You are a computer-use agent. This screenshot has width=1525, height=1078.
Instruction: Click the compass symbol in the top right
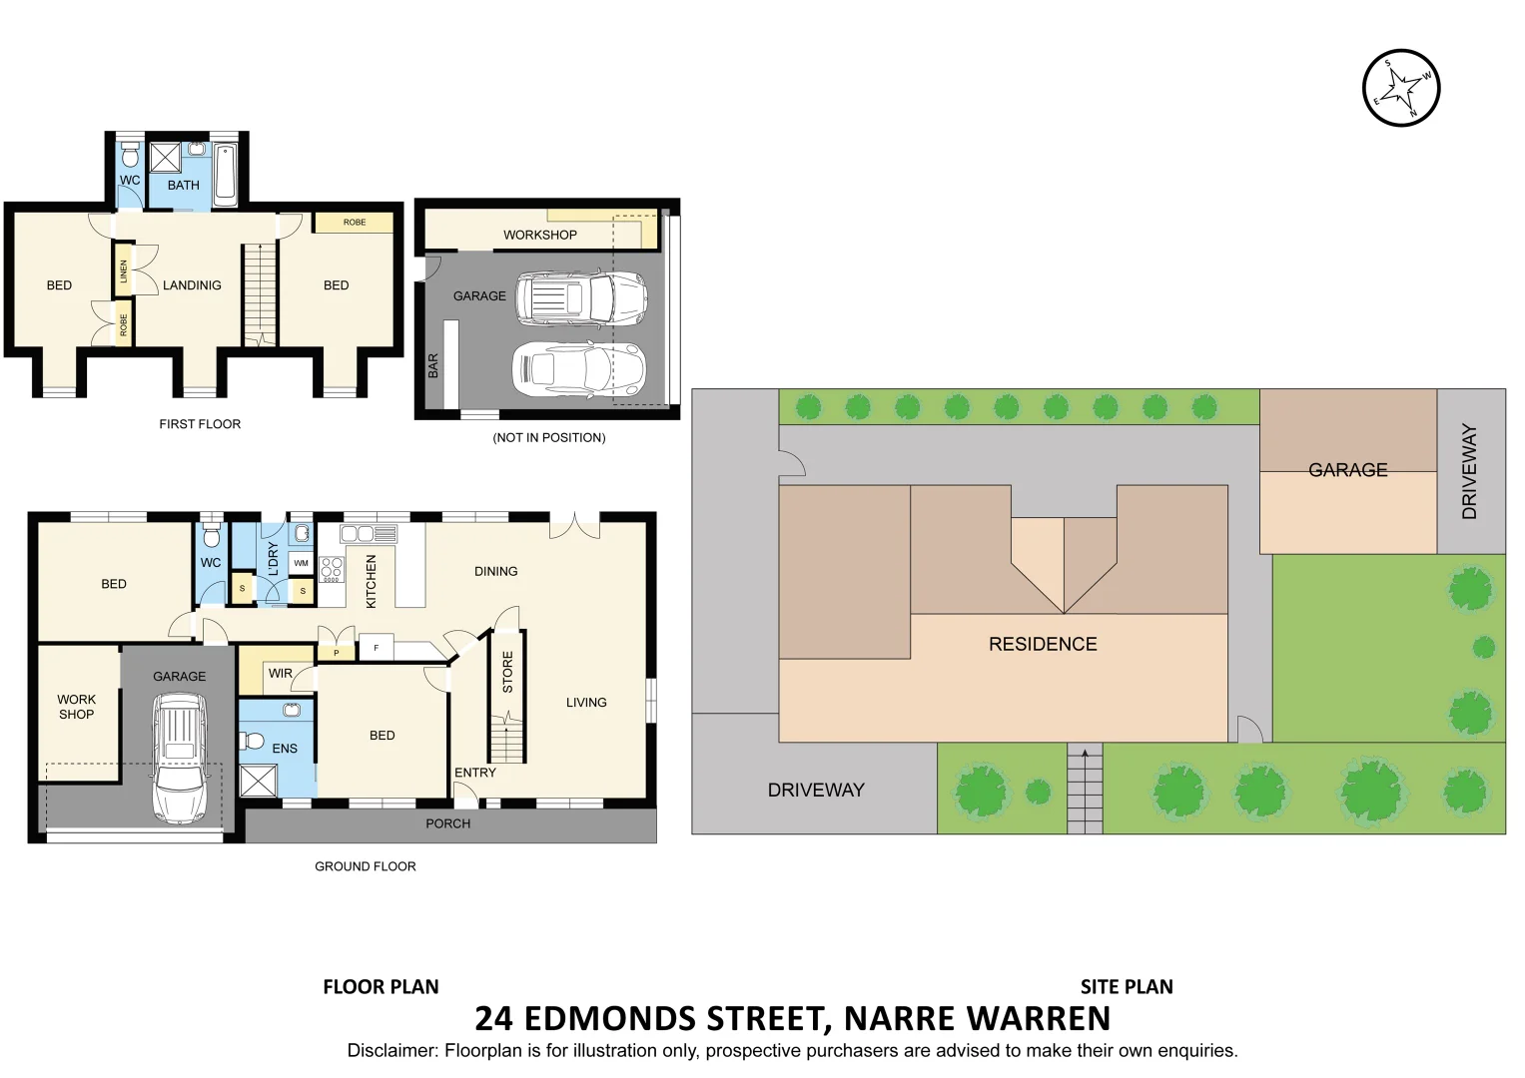1401,88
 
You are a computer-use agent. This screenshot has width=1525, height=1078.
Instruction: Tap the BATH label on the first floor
183,185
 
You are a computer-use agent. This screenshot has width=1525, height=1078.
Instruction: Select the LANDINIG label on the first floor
192,285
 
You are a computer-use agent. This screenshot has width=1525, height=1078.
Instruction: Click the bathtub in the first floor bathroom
225,176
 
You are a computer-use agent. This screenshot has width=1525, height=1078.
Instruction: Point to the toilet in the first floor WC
130,156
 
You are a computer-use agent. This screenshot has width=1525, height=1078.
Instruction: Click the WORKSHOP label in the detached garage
539,235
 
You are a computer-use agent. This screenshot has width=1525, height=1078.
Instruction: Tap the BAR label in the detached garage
433,365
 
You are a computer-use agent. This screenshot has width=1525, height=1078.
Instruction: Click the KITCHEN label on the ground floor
372,581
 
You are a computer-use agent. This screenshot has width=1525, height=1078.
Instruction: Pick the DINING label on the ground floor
495,572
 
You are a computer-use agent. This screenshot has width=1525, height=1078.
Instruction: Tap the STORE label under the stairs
507,672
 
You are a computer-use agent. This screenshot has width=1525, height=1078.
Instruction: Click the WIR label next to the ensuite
281,674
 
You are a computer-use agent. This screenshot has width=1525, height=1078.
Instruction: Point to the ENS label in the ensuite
285,749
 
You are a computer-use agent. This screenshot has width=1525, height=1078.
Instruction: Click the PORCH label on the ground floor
447,823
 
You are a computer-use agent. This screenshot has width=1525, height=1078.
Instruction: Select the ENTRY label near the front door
474,773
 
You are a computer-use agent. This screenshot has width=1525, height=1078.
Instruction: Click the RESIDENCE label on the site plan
1043,644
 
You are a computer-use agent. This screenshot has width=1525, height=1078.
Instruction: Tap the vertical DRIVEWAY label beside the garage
1469,471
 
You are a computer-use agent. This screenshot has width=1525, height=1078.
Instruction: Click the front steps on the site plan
1085,789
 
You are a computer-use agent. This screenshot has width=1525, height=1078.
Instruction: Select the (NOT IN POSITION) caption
549,437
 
